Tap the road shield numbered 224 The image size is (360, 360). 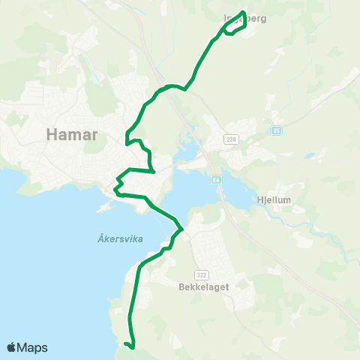[x=230, y=139]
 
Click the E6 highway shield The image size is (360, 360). [x=216, y=180]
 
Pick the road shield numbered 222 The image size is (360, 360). [x=200, y=274]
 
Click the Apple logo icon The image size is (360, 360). [x=12, y=346]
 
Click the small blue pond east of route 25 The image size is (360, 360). [x=309, y=157]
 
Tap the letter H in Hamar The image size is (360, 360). [x=51, y=134]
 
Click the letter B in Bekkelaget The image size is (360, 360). [x=182, y=286]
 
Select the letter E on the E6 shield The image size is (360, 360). [x=214, y=180]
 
